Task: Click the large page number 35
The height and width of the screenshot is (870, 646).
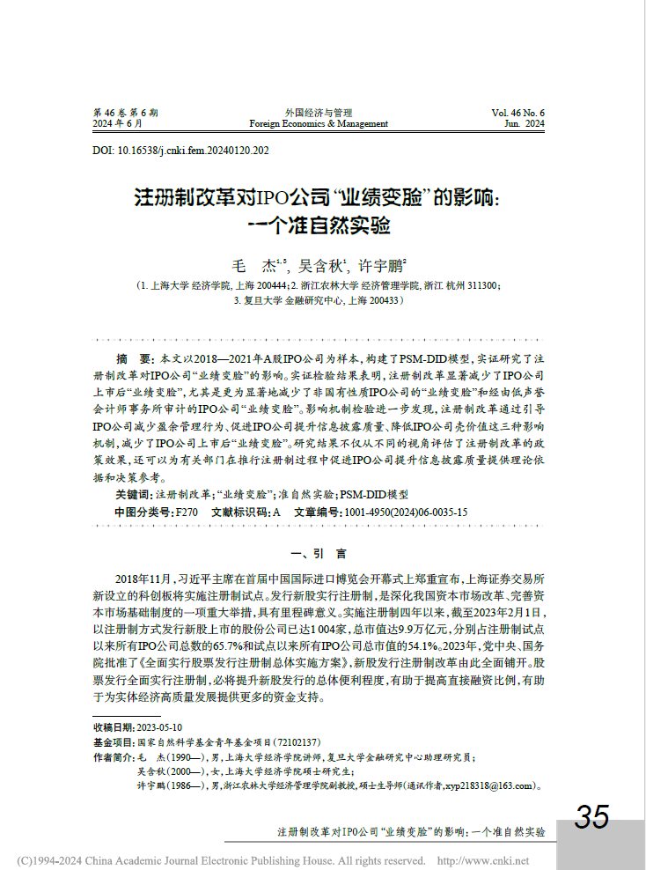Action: tap(592, 817)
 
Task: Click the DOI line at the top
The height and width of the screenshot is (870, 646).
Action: tap(181, 151)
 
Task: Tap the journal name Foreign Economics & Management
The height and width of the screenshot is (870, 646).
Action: tap(319, 124)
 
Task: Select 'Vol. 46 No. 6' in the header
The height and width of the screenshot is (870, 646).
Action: tap(518, 113)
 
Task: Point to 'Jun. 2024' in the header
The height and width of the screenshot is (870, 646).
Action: tap(525, 124)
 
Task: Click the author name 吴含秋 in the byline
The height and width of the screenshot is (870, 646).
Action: tap(322, 264)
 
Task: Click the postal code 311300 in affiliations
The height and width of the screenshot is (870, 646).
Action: tap(483, 286)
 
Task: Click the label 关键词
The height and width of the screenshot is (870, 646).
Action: tap(134, 496)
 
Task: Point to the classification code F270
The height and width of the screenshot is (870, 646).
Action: tap(187, 512)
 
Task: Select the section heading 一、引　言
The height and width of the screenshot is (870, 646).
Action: tap(323, 554)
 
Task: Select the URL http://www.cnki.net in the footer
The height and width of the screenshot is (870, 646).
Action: tap(485, 860)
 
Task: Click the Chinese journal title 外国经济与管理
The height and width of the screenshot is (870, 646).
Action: tap(319, 113)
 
